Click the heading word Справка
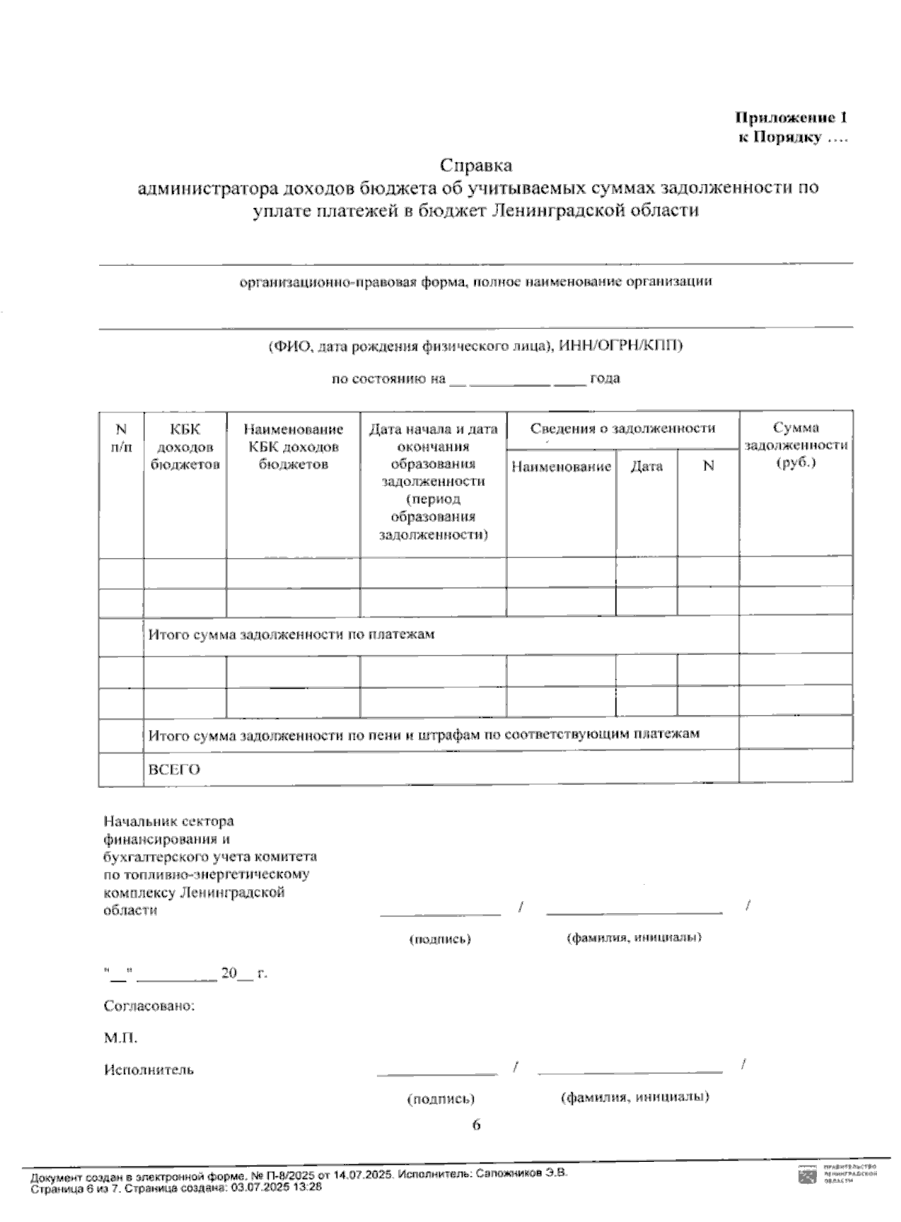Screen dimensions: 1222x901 [x=476, y=164]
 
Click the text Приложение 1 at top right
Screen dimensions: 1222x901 [x=792, y=118]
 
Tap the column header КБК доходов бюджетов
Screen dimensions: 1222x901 [x=185, y=446]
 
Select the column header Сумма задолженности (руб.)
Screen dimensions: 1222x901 [x=795, y=445]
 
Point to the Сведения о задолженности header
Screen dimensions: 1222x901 [x=622, y=429]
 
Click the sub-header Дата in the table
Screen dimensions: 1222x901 [x=646, y=466]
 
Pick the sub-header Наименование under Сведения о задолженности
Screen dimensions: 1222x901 [x=561, y=466]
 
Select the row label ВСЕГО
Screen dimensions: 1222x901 [x=173, y=770]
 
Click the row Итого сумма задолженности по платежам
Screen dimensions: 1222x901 [x=291, y=635]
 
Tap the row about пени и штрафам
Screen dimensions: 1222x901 [x=423, y=734]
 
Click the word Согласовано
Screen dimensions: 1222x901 [x=149, y=1006]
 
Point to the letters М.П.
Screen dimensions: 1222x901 [x=120, y=1038]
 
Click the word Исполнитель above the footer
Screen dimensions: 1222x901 [x=149, y=1070]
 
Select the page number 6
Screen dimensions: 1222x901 [x=475, y=1124]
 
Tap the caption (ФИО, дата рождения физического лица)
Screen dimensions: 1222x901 [x=475, y=346]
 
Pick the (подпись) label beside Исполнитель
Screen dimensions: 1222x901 [x=441, y=1098]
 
